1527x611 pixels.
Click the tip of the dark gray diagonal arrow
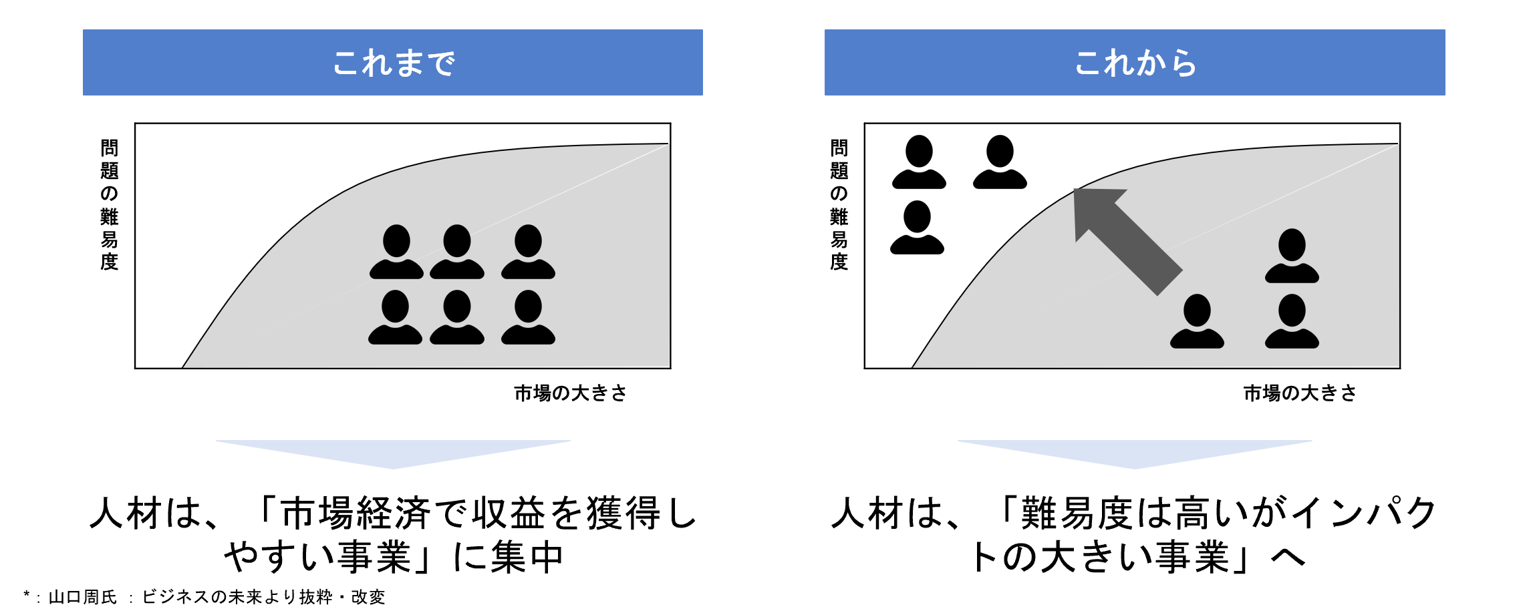tap(1074, 190)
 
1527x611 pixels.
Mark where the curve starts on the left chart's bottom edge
tap(182, 368)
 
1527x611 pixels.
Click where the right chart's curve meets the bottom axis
tap(912, 368)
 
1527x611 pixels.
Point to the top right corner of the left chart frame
tap(670, 124)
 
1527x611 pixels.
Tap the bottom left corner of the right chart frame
tap(865, 368)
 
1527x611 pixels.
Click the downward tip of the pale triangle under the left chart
tap(393, 469)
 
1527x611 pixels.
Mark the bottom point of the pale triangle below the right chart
tap(1135, 469)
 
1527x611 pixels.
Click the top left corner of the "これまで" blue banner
tap(83, 29)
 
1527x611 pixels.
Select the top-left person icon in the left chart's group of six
tap(396, 251)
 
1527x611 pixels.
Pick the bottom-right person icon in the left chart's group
tap(528, 317)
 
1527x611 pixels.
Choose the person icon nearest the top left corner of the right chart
tap(919, 162)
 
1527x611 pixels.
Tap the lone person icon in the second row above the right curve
tap(917, 227)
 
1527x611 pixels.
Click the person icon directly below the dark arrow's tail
tap(1197, 321)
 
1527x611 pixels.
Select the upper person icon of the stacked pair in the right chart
tap(1292, 256)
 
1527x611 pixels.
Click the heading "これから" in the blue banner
tap(1135, 63)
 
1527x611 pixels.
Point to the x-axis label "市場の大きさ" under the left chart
tap(570, 393)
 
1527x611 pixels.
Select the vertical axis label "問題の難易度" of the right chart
tap(839, 204)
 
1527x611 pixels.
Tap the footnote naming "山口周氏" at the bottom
tap(83, 597)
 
